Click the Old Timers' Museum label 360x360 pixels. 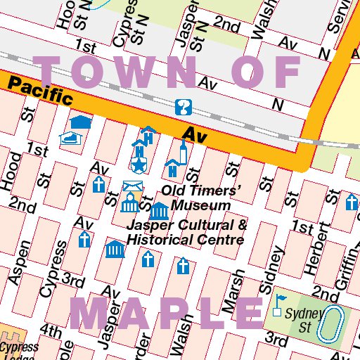pos(202,198)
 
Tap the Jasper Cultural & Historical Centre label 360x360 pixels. pos(186,233)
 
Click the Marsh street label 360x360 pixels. pos(233,291)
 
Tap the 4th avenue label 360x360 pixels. pos(51,330)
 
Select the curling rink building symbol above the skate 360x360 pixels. pos(82,123)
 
